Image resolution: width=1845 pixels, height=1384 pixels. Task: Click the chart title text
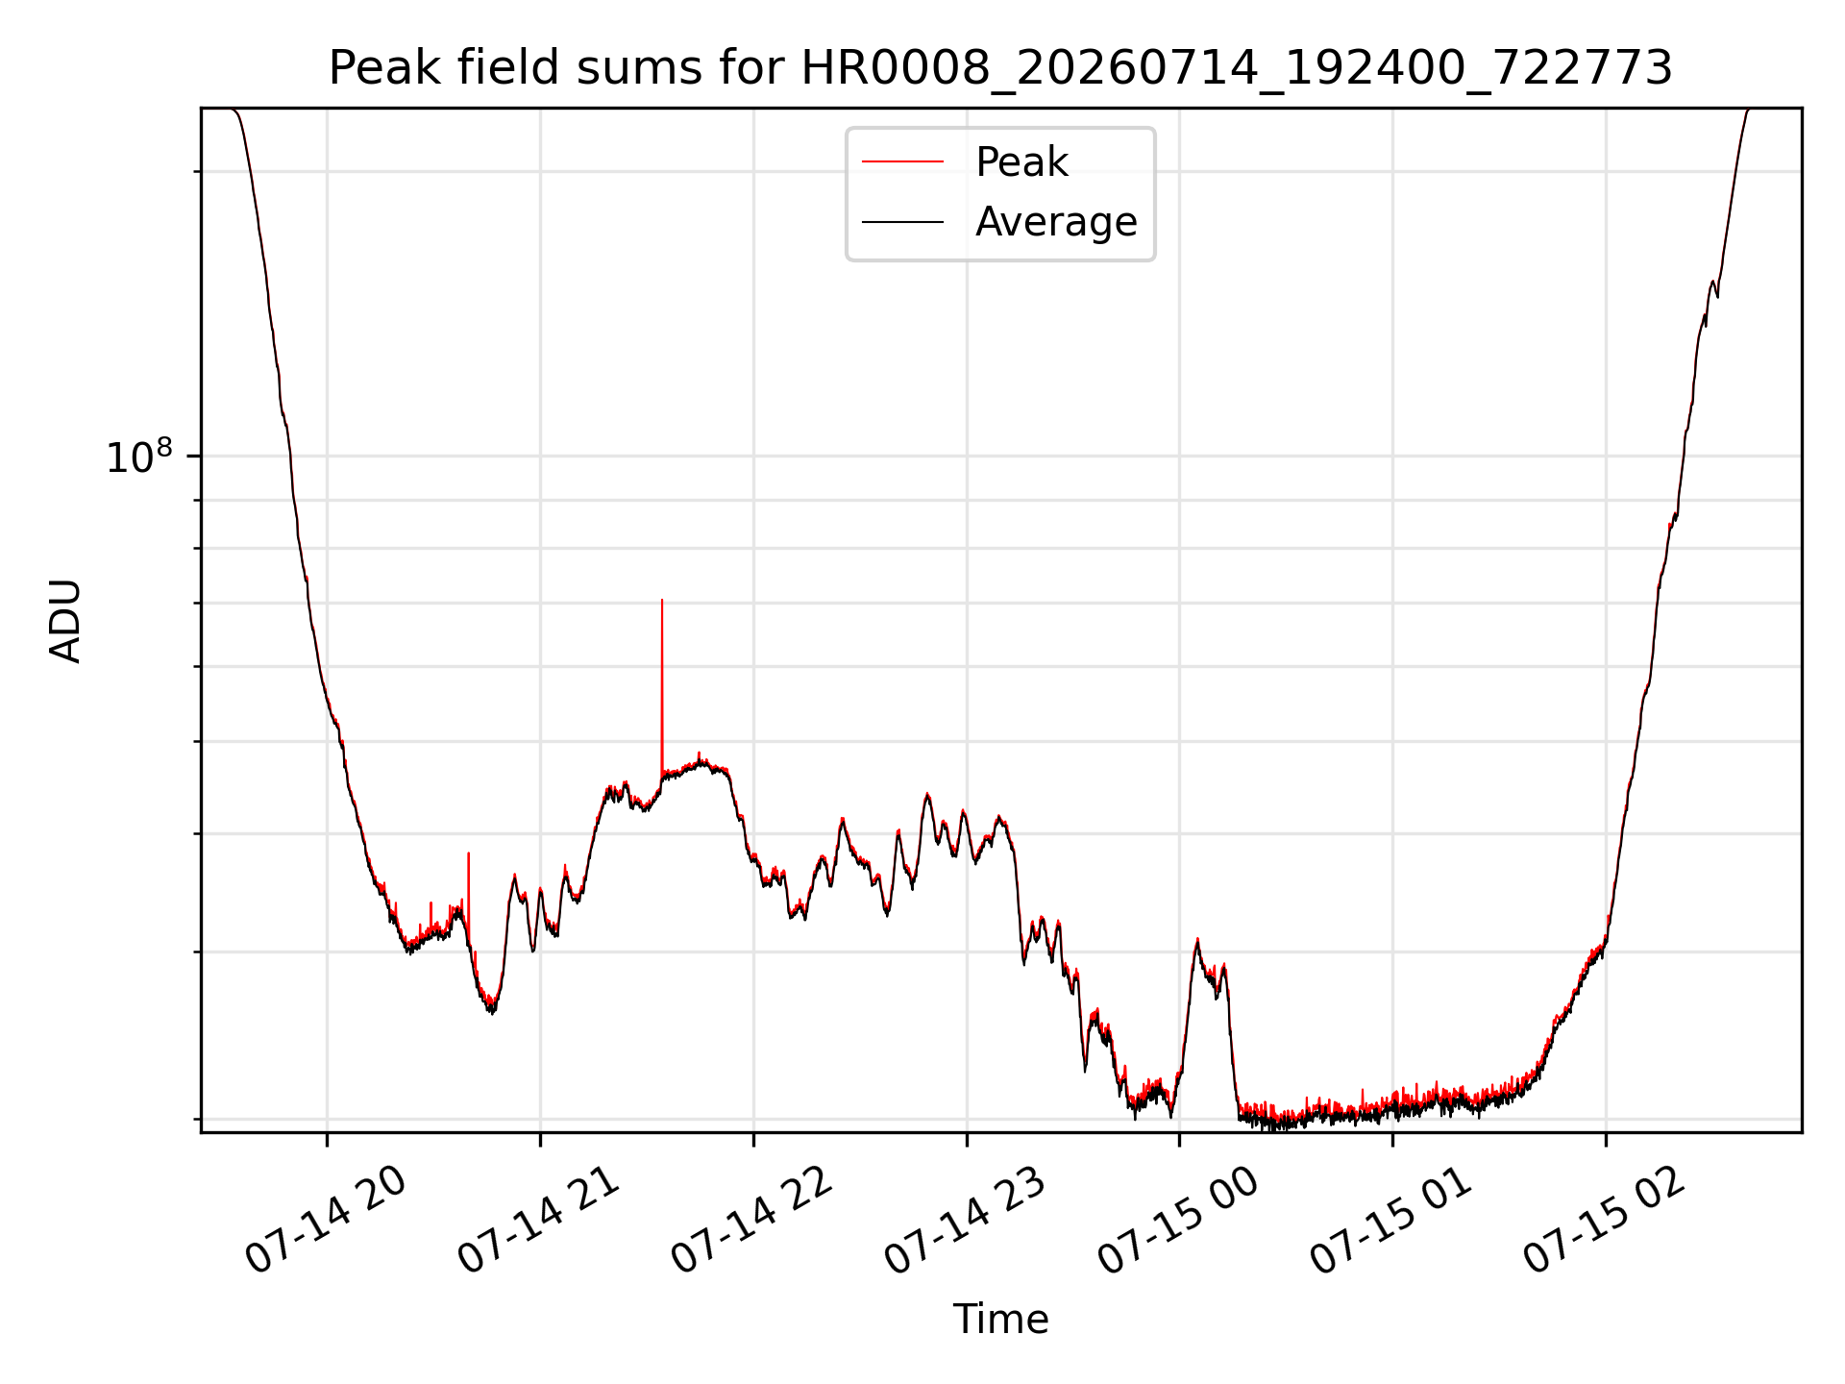1000,68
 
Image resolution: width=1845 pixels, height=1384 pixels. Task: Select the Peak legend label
1021,162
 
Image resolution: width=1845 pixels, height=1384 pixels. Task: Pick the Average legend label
1056,222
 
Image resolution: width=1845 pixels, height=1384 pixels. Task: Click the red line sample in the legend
902,162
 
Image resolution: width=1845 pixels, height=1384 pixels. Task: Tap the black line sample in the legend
902,222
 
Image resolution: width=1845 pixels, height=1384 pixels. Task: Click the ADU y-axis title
65,621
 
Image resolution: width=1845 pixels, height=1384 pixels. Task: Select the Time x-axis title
1000,1320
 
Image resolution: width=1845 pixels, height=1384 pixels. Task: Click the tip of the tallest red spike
662,600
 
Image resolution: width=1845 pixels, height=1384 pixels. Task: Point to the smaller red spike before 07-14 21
468,853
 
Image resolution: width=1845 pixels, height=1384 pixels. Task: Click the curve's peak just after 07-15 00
1197,940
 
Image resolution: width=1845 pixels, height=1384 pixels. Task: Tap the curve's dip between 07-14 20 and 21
492,1011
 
